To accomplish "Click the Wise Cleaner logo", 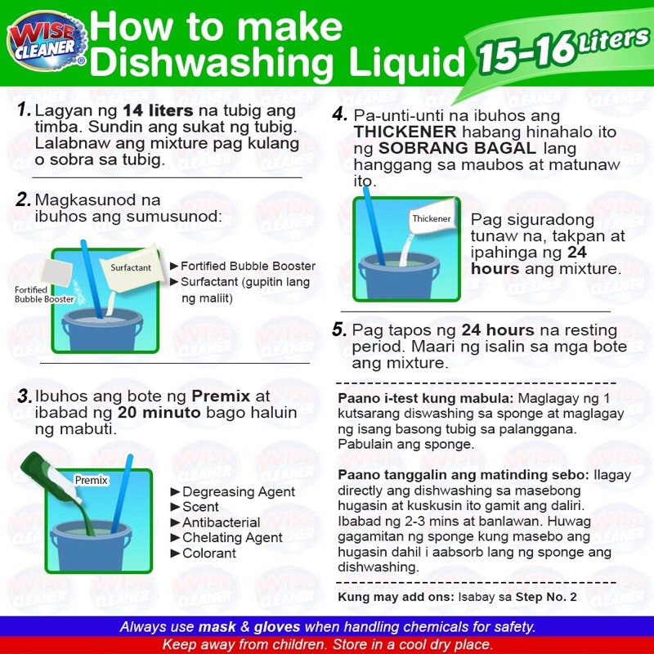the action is (47, 42).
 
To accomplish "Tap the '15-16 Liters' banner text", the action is (563, 49).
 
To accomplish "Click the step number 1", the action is (25, 110).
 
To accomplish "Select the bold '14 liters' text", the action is (158, 110).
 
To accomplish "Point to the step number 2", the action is (24, 199).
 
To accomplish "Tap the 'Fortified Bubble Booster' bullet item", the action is (243, 267).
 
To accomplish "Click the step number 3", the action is (25, 396).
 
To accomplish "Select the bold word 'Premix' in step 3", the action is (221, 396).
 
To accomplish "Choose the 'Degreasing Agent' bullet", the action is (233, 492).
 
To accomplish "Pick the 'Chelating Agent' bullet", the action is (227, 538).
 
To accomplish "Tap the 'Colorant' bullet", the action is (204, 553).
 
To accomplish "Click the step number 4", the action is (340, 114).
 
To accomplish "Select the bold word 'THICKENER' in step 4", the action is (405, 132).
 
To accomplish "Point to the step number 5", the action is (339, 329).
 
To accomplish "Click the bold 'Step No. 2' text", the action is (546, 597).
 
